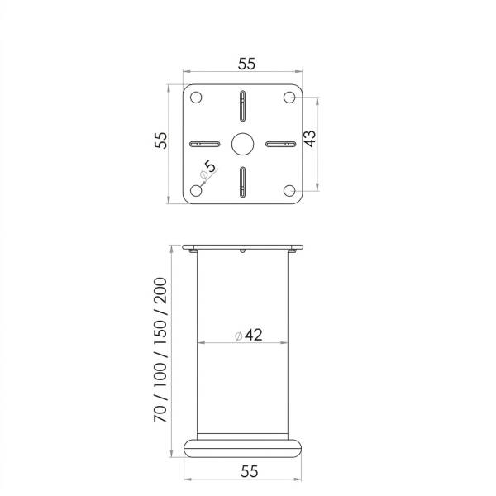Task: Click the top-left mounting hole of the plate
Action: tap(196, 98)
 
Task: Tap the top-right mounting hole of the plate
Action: tap(289, 98)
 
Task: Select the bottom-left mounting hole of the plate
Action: tap(196, 190)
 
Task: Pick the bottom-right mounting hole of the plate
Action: tap(289, 190)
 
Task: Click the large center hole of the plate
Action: tap(242, 144)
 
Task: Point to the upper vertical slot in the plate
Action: tap(242, 106)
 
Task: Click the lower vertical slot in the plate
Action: tap(242, 182)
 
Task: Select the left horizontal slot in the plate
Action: tap(205, 144)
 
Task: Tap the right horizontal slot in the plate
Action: tap(280, 144)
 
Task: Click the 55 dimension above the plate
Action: tap(246, 64)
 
